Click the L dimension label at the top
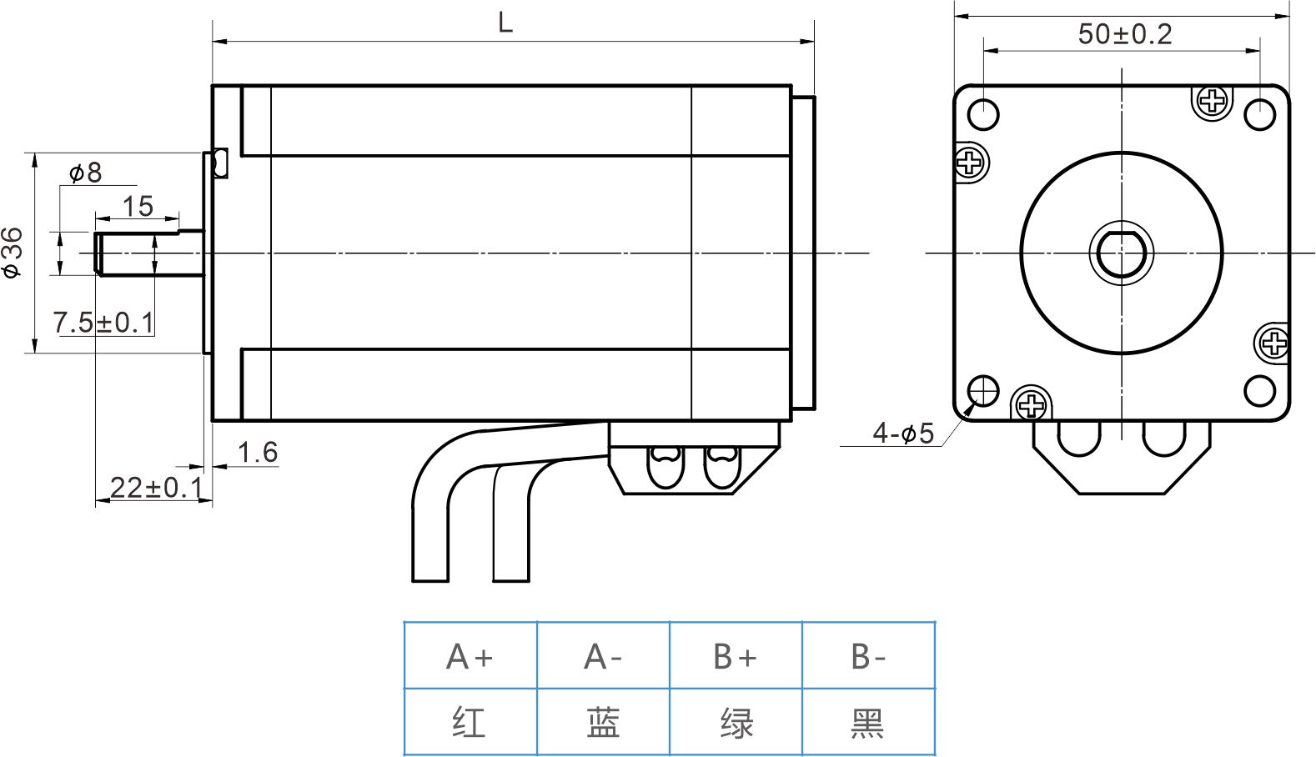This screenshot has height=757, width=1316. pos(505,23)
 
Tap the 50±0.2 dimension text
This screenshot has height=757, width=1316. pos(1124,34)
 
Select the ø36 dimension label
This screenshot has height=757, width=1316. pos(13,252)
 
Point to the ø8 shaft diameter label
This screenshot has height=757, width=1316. pos(85,173)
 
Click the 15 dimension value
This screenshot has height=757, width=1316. pos(138,205)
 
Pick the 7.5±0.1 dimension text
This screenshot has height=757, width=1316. pos(103,322)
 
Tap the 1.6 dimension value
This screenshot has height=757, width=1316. pos(257,452)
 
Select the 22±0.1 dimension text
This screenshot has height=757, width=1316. pos(156,488)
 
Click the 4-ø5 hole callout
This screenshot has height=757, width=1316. pos(903,433)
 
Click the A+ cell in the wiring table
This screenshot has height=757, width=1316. pos(470,656)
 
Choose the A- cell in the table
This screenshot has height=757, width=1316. pos(603,656)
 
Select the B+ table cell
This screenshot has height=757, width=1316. pos(736,656)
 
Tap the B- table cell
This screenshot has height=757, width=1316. pos(868,656)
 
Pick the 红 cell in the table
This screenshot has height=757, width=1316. pos(470,722)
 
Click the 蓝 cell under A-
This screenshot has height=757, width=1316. pos(603,722)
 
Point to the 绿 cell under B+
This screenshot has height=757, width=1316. pos(736,722)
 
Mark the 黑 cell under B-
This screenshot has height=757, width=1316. pos(868,722)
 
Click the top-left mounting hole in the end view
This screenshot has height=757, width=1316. pos(984,114)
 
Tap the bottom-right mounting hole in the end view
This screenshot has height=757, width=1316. pos(1259,390)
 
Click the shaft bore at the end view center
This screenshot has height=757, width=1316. pos(1122,253)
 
